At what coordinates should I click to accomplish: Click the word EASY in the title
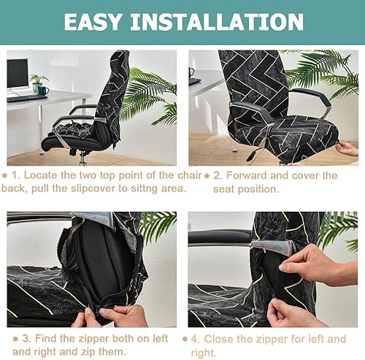[93, 22]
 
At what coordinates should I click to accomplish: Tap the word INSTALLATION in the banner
[217, 22]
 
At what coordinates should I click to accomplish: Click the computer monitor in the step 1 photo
[18, 74]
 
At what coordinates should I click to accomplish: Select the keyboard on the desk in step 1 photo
[27, 98]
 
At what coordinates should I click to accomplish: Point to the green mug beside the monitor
[43, 91]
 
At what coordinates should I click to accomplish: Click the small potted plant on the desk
[38, 83]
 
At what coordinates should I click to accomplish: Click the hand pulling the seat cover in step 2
[347, 148]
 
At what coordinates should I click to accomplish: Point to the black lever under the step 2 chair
[251, 155]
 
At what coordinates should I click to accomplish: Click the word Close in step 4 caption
[218, 339]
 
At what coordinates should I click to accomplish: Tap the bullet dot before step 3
[15, 339]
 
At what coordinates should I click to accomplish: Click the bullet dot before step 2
[207, 176]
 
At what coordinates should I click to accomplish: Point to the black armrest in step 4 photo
[220, 237]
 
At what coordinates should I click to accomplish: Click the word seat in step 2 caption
[223, 189]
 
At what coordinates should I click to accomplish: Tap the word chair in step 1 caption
[190, 175]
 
